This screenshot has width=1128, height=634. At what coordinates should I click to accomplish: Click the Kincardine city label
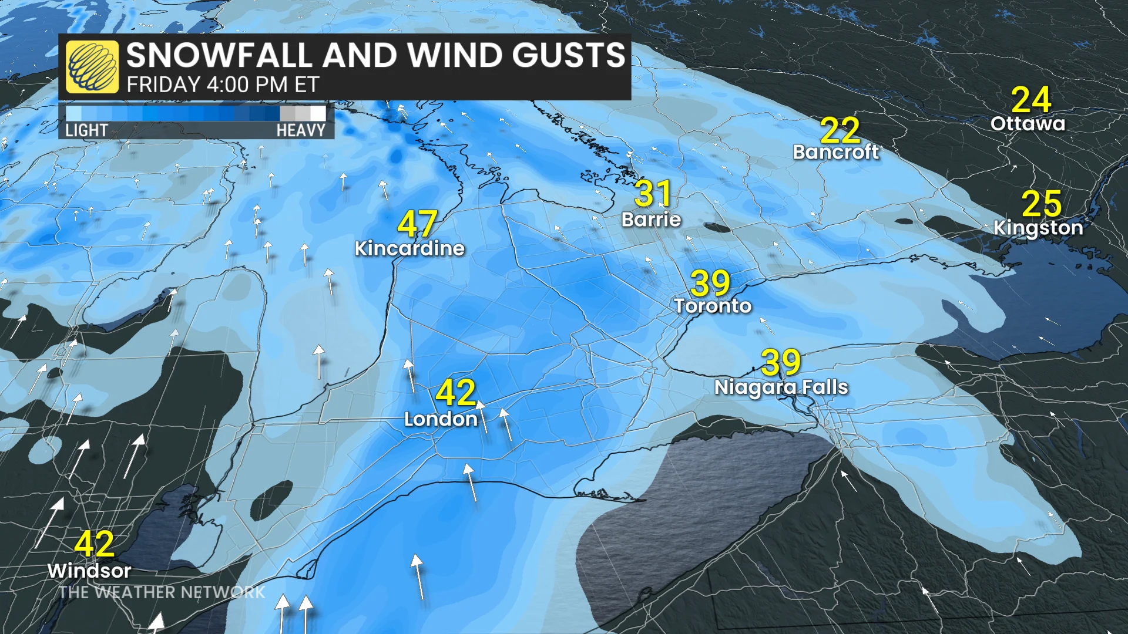click(409, 248)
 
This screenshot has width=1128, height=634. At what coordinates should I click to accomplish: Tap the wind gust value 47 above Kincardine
click(417, 224)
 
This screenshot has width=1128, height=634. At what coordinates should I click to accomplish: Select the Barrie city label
click(651, 220)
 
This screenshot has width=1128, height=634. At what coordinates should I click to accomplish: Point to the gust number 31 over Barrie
click(653, 193)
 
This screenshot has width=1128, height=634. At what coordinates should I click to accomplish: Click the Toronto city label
click(713, 306)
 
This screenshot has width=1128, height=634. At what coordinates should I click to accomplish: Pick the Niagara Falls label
click(781, 387)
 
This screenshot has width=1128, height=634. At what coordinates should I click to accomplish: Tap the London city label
click(441, 419)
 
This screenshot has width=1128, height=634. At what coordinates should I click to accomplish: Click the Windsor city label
click(89, 571)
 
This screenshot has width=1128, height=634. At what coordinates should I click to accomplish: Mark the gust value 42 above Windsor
click(94, 544)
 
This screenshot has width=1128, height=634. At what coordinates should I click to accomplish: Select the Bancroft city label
click(836, 153)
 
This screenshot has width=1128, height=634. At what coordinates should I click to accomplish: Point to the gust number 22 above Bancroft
click(840, 130)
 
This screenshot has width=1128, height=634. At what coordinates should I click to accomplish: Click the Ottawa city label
click(1028, 124)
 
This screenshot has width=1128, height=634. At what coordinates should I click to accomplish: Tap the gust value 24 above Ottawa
click(1031, 100)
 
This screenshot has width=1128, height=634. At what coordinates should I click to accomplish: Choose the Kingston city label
click(1038, 228)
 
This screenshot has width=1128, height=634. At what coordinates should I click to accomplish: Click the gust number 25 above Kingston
click(1042, 203)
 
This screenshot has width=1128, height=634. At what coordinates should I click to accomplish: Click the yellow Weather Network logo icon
click(92, 67)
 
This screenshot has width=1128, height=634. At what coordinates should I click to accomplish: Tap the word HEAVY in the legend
click(301, 130)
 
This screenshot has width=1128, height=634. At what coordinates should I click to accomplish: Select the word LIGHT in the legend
click(86, 130)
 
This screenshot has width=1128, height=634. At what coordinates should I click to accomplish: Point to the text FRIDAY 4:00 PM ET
click(223, 85)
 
